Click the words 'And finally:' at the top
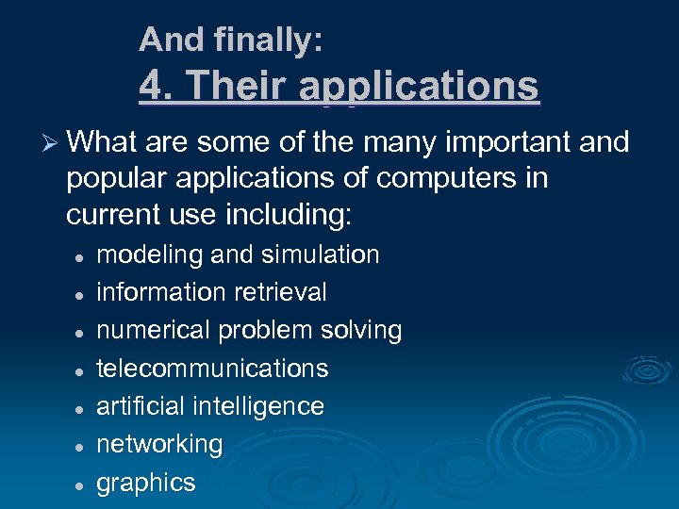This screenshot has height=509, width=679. pyautogui.click(x=231, y=40)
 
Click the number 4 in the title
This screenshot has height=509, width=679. pyautogui.click(x=152, y=87)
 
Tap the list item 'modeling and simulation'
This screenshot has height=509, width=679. pyautogui.click(x=238, y=254)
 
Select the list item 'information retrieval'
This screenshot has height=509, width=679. pyautogui.click(x=211, y=292)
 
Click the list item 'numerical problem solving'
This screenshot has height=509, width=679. pyautogui.click(x=249, y=330)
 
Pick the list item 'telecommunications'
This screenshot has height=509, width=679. pyautogui.click(x=212, y=368)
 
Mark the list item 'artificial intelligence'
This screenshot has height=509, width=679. pyautogui.click(x=210, y=406)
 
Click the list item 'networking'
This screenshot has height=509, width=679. pyautogui.click(x=159, y=444)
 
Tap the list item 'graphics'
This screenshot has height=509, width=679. pyautogui.click(x=146, y=483)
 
